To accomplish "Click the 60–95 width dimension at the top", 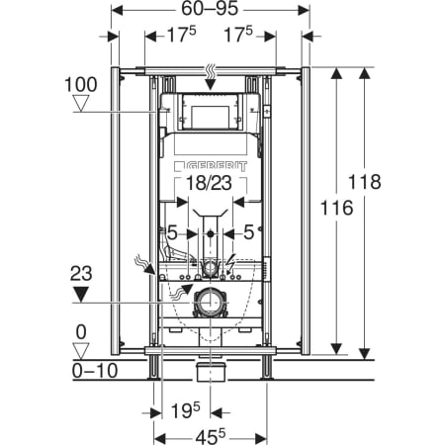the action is [x=210, y=9].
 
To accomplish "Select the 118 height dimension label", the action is [x=365, y=182].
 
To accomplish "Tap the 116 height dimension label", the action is [x=336, y=208].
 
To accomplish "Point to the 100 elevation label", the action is [x=81, y=85].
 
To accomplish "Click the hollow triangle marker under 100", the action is [x=81, y=103].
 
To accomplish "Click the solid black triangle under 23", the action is [x=81, y=295].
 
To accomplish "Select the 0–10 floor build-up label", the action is [x=95, y=371].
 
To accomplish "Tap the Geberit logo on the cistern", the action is [x=211, y=166].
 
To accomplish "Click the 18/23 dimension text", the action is [x=209, y=183].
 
